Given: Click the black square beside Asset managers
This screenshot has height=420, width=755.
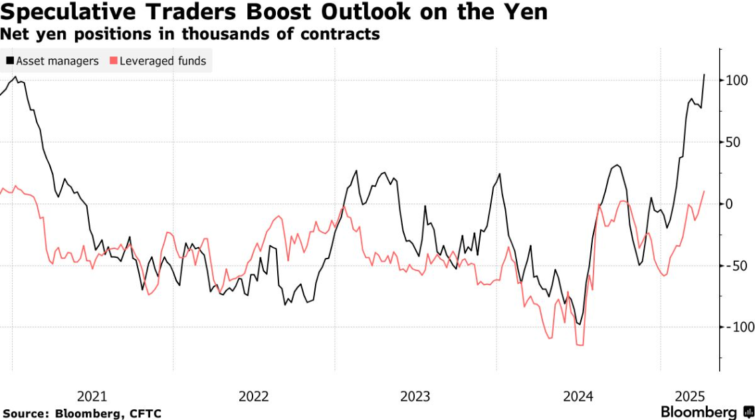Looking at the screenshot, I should coord(10,61).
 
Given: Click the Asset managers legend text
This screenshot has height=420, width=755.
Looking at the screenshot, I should coord(57,61).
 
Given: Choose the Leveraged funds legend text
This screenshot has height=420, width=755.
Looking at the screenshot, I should coord(163,61).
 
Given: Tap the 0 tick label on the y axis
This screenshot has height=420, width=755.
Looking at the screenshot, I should coord(729,204).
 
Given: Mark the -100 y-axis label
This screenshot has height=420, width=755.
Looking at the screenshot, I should coord(738,327).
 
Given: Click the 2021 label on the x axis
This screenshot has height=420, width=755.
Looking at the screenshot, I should coord(92,397).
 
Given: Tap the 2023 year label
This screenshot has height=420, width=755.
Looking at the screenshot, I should coord(415,397).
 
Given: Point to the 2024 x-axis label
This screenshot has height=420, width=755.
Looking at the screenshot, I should coord(578,397).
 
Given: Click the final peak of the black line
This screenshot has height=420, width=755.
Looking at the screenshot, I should coord(704,75).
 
